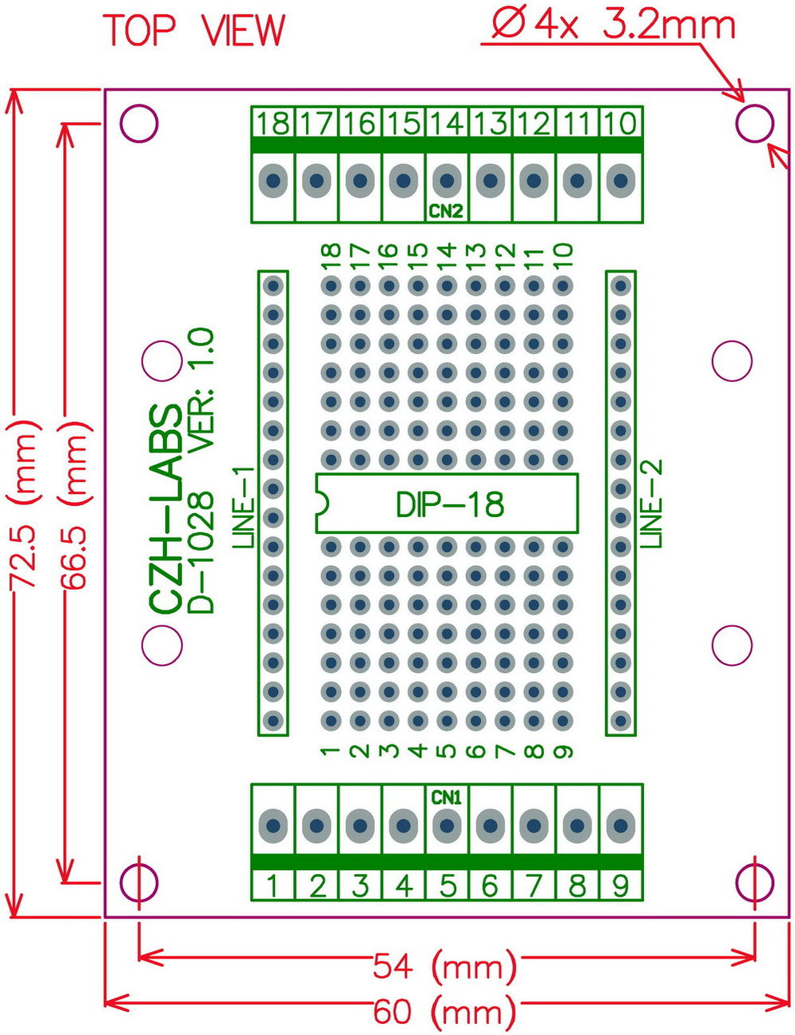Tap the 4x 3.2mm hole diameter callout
[x=611, y=25]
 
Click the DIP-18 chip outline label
[x=450, y=504]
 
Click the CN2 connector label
[x=447, y=212]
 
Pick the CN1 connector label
[x=447, y=797]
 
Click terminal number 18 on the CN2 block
[x=273, y=123]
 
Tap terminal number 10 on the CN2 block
[x=620, y=123]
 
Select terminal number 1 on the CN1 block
[x=273, y=886]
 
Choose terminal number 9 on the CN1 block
[x=620, y=886]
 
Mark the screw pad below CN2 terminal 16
[x=360, y=181]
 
